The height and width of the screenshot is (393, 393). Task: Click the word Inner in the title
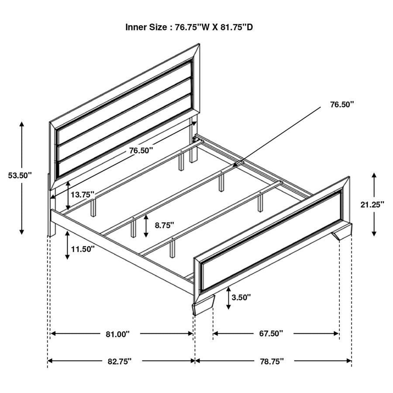click(x=137, y=27)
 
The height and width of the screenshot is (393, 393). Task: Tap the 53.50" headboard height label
click(x=20, y=176)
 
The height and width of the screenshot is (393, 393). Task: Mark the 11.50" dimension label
click(x=83, y=249)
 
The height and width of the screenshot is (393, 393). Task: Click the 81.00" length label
click(x=118, y=334)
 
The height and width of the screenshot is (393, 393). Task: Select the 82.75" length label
click(x=119, y=361)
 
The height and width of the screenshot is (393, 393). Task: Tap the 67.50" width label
click(x=271, y=334)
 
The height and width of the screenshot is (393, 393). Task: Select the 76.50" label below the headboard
click(x=141, y=151)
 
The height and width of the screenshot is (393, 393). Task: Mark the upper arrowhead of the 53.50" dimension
click(x=21, y=124)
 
